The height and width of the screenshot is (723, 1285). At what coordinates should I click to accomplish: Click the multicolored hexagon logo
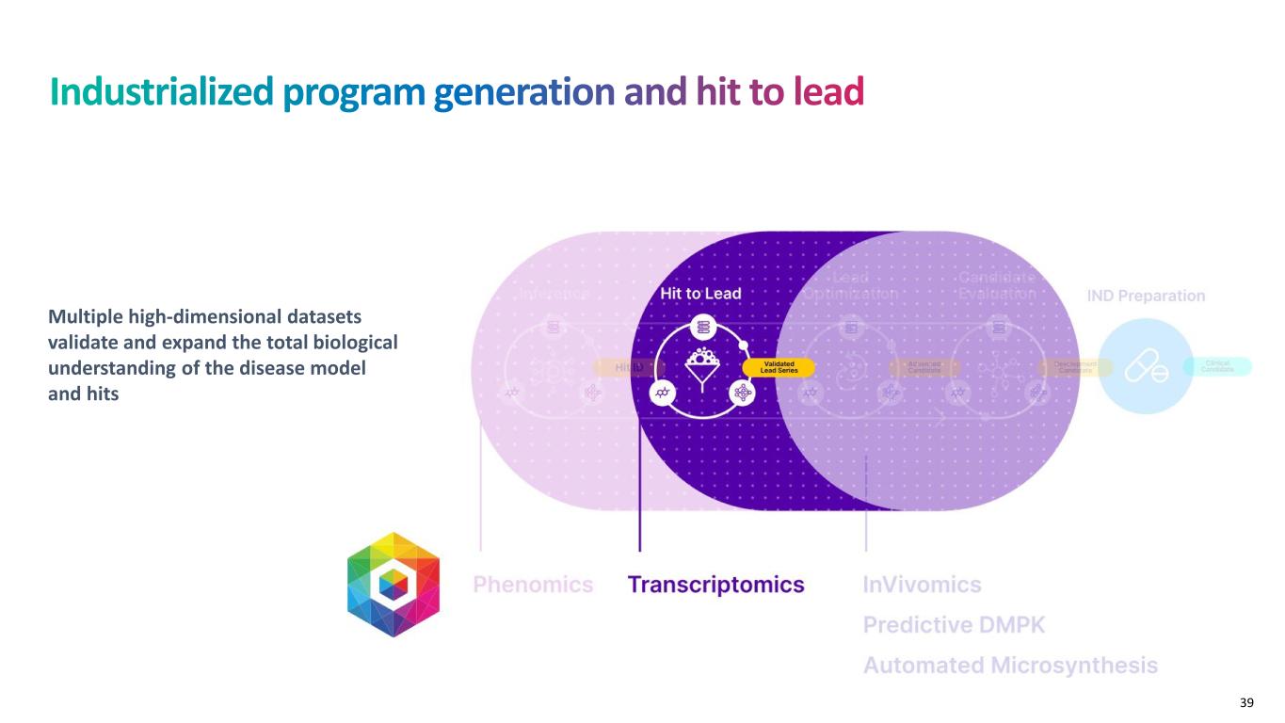(394, 585)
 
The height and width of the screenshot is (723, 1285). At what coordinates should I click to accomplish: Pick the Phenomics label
(533, 585)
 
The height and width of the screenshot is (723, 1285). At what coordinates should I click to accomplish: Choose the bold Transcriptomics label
(715, 585)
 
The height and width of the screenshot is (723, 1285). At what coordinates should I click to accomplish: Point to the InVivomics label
(922, 585)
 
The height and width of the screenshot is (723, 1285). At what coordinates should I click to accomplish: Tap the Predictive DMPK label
(954, 625)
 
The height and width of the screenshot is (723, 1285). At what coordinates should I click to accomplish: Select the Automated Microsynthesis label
(1010, 666)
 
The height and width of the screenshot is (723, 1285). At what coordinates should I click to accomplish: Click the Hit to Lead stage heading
(700, 294)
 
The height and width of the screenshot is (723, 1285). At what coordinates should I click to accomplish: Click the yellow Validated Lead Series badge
(779, 367)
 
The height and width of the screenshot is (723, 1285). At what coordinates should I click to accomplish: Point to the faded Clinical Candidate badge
(1218, 367)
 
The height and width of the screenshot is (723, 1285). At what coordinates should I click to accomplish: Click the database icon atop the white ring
(701, 328)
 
